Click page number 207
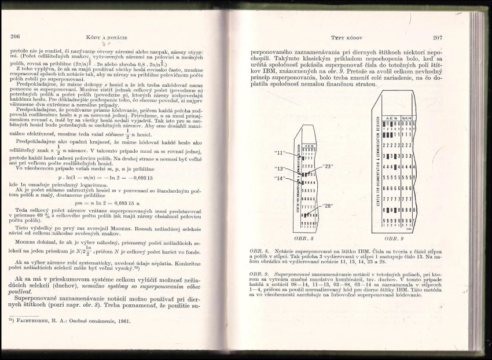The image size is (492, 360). [437, 38]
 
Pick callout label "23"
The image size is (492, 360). [331, 166]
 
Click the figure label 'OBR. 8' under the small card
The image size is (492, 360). [303, 237]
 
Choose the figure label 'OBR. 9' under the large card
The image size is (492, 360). [393, 237]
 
